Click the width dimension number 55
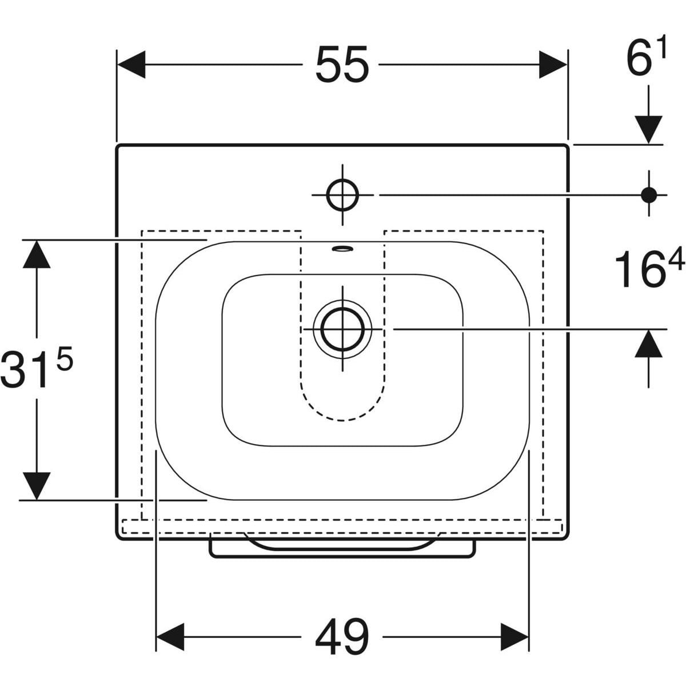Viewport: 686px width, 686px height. point(342,65)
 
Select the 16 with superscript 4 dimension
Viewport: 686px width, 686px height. point(649,268)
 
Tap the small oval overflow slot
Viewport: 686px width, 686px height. point(342,248)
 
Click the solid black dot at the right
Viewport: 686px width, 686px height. point(649,195)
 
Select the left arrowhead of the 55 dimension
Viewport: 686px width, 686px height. point(131,65)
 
